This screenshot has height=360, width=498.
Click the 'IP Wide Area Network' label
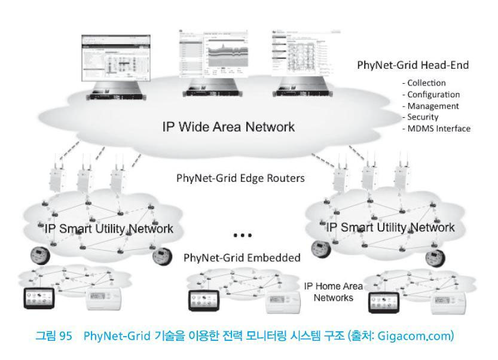point(228,127)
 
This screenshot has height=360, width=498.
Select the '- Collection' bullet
point(426,83)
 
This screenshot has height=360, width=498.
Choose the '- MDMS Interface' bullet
point(438,129)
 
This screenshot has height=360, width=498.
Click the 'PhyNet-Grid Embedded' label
point(242,258)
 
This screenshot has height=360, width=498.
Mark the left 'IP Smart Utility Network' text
point(108,228)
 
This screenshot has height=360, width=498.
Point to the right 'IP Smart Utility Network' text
point(390,227)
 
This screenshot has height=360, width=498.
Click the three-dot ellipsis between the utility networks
point(242,235)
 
